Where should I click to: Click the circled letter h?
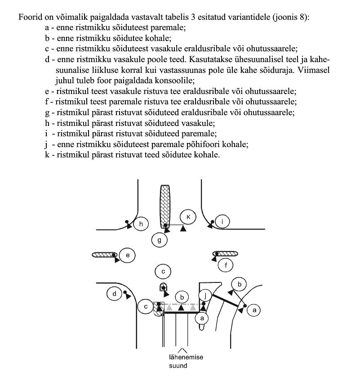[142, 224]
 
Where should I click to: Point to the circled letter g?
[159, 241]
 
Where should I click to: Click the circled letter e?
[128, 255]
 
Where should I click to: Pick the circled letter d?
[115, 294]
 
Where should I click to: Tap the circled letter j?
[205, 295]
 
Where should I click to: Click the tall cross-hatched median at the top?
[165, 205]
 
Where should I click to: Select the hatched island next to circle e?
[104, 255]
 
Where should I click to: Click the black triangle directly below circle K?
[183, 228]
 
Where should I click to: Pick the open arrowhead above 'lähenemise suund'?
[182, 350]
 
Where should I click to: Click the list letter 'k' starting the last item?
[41, 155]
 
